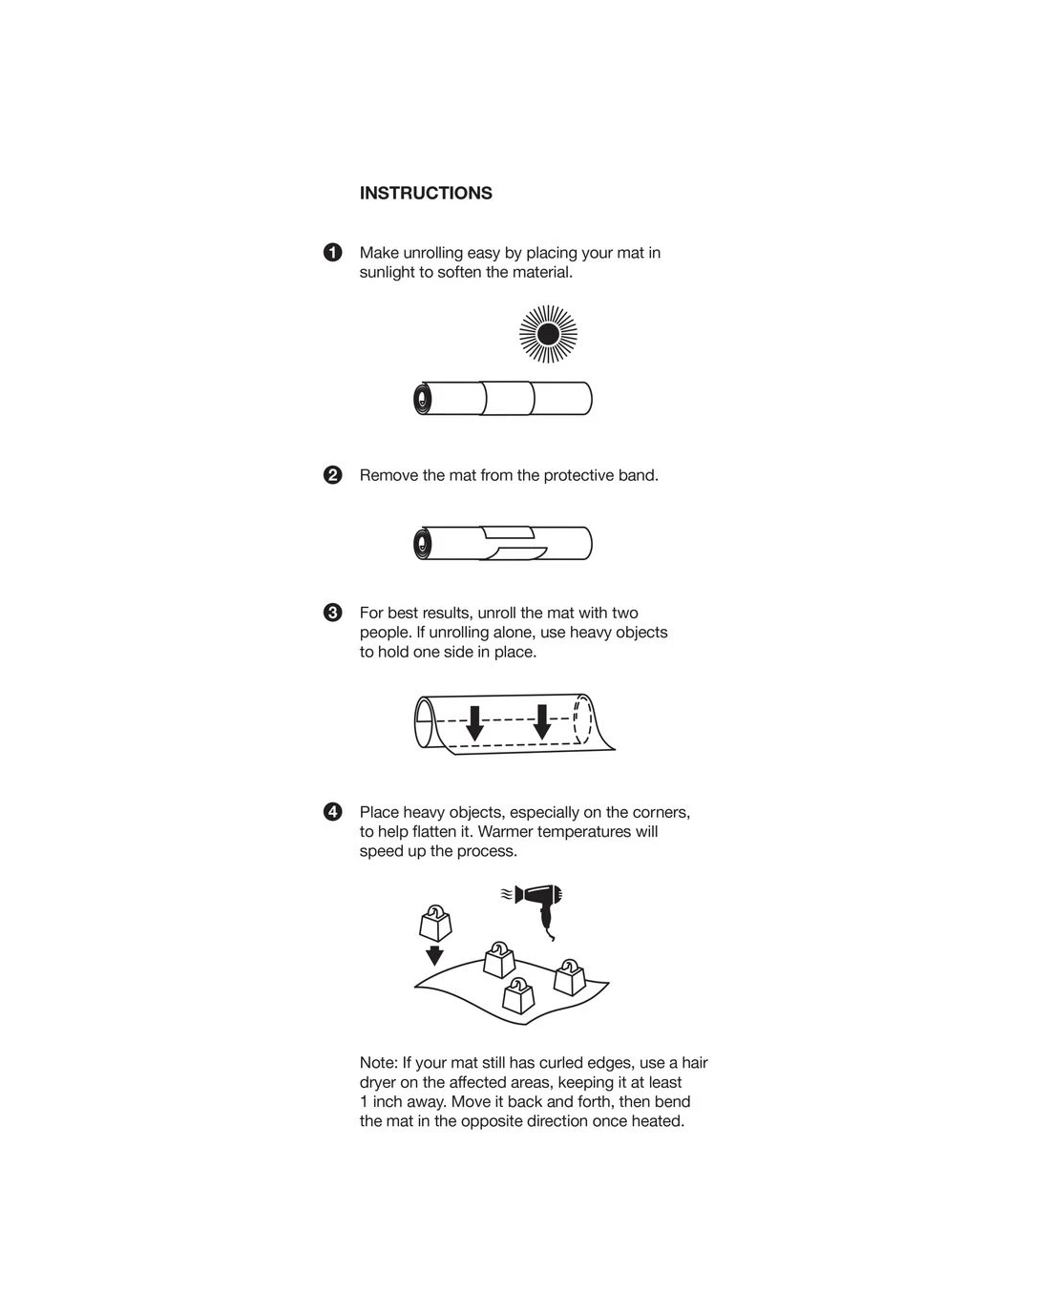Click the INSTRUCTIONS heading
click(x=426, y=193)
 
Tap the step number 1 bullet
click(x=332, y=253)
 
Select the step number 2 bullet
click(x=332, y=475)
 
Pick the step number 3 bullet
click(x=332, y=613)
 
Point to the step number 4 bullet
click(x=332, y=812)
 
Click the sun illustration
click(x=548, y=334)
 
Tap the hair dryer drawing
click(x=540, y=903)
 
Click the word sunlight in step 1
click(x=387, y=273)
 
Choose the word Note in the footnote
click(x=377, y=1063)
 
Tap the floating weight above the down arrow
click(x=434, y=923)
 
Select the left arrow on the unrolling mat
click(x=474, y=722)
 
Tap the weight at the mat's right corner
click(x=569, y=977)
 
